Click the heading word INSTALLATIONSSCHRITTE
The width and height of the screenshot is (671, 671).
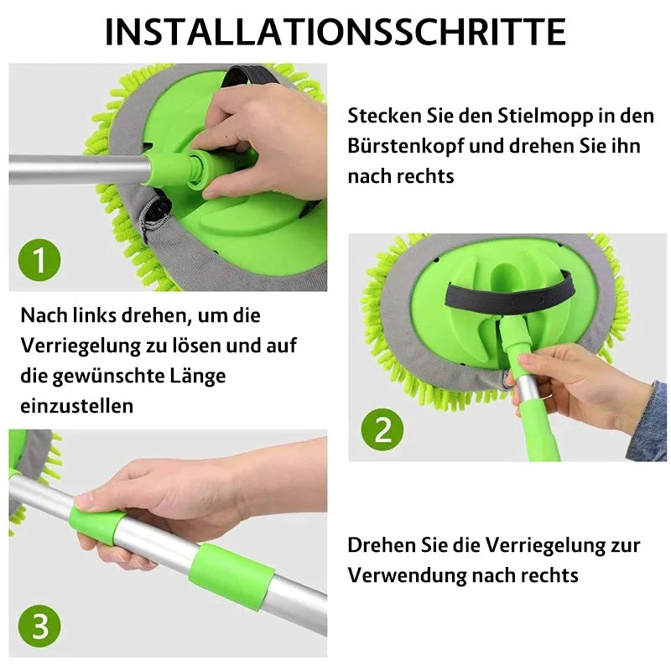tap(335, 31)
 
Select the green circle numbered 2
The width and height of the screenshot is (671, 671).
tap(382, 429)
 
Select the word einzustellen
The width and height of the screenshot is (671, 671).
tap(75, 406)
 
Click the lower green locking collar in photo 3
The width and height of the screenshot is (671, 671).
tap(231, 576)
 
